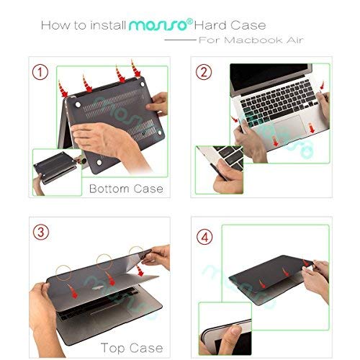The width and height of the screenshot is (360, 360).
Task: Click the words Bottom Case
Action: (x=126, y=189)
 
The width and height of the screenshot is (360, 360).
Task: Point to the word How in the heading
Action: (x=55, y=26)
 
